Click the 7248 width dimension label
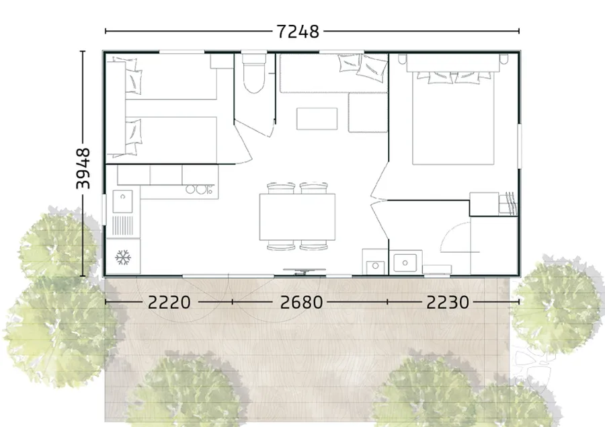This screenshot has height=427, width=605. (x=298, y=32)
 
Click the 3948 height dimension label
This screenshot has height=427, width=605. (x=83, y=168)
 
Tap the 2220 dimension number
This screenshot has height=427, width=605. (x=169, y=303)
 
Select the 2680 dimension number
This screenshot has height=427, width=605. (x=301, y=303)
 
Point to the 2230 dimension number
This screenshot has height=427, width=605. (x=448, y=303)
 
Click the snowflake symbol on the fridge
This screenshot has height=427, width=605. (x=123, y=257)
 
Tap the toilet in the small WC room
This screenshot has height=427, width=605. (x=253, y=73)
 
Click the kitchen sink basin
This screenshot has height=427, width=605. (x=123, y=201)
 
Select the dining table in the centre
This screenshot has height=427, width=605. (x=297, y=217)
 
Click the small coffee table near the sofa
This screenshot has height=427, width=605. (x=317, y=119)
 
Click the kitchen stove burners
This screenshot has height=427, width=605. (x=199, y=189)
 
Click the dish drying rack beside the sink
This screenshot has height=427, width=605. (x=123, y=226)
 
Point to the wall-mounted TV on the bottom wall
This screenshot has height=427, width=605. (x=305, y=271)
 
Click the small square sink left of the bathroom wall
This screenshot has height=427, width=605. (x=375, y=266)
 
